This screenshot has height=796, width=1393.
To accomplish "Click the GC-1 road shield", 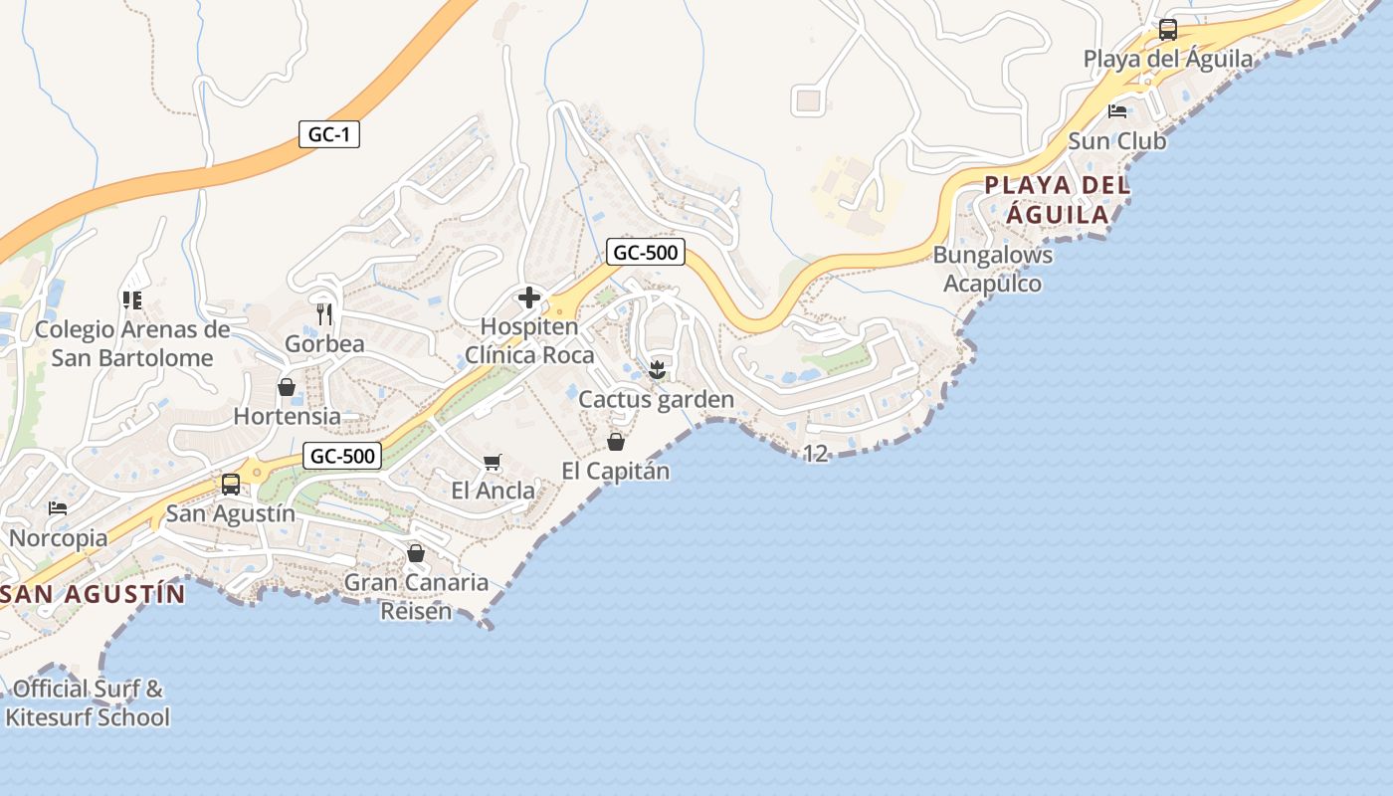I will tap(328, 134).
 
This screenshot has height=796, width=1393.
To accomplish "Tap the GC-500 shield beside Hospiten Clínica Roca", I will tap(645, 252).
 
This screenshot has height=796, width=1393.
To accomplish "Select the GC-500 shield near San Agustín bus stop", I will tap(342, 456).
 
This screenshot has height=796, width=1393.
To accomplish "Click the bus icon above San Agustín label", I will tap(231, 485).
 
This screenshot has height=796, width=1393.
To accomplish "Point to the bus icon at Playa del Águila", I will tap(1168, 30).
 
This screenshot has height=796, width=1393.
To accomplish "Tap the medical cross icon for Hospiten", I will tap(529, 297).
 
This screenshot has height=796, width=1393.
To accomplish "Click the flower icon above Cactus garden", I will tap(656, 370).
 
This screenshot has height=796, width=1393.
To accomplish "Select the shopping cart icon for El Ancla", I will tap(493, 462).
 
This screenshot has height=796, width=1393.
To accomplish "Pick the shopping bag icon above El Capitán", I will tap(616, 442).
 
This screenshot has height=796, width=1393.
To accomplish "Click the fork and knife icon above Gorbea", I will tap(323, 314).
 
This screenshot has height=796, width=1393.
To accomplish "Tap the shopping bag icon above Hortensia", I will tap(287, 387).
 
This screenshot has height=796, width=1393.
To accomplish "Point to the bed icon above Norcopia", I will tap(58, 508).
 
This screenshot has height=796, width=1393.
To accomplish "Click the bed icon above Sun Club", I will tap(1117, 110).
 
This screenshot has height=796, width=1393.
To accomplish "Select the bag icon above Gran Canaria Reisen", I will tap(416, 553).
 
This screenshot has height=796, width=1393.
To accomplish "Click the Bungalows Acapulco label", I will tap(992, 269).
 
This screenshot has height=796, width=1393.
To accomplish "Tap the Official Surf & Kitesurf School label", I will tap(88, 702).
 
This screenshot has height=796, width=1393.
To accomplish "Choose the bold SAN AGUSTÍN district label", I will tap(94, 594).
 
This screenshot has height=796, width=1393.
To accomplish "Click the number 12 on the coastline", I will tap(815, 454).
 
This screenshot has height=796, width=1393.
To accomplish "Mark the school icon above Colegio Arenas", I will tap(131, 299).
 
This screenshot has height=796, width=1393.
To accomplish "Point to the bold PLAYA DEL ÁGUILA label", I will tap(1058, 199).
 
